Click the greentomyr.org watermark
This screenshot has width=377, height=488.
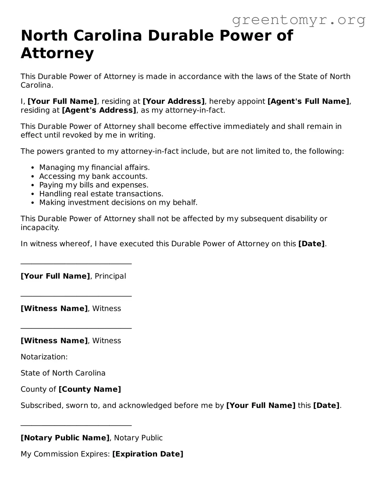(x=298, y=20)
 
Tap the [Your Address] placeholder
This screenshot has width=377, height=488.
(x=174, y=101)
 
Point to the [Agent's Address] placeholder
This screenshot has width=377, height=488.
(x=99, y=110)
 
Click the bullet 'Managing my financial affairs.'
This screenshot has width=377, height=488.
(x=94, y=168)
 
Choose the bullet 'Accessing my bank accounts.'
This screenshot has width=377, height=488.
(x=93, y=176)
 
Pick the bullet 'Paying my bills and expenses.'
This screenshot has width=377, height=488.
(x=94, y=185)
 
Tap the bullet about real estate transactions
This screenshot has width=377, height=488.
(x=101, y=194)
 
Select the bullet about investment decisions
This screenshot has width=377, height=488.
(x=118, y=203)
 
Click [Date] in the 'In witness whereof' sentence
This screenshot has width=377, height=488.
(x=311, y=244)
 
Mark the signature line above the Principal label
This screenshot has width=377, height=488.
(x=76, y=264)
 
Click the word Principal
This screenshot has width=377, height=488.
(x=110, y=276)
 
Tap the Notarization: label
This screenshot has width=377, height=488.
(x=44, y=357)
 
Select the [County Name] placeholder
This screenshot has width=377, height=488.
(x=90, y=389)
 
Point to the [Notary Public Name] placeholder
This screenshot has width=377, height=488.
(x=65, y=438)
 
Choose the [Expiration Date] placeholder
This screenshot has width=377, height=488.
(x=148, y=454)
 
